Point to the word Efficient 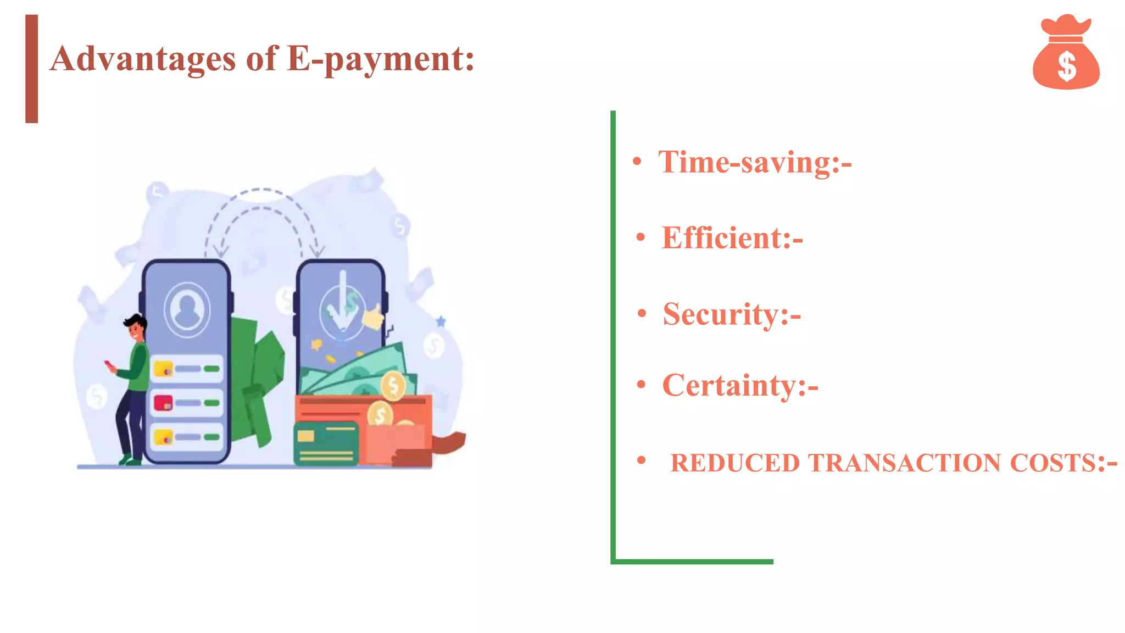(x=725, y=238)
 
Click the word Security (x=721, y=314)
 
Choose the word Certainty (x=729, y=385)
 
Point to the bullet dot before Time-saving (x=637, y=162)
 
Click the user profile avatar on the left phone (x=187, y=309)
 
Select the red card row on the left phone (x=187, y=403)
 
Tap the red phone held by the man (x=108, y=364)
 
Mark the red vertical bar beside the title (x=32, y=69)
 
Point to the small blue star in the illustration (x=441, y=321)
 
